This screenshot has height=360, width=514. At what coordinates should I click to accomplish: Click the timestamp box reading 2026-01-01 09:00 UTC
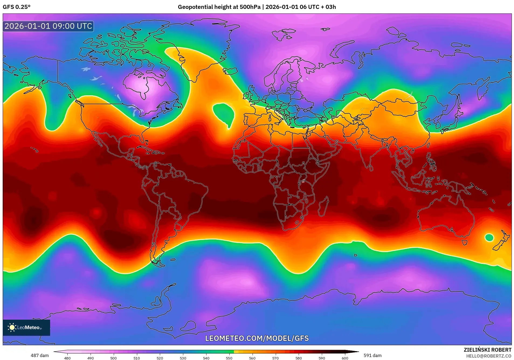click(48, 26)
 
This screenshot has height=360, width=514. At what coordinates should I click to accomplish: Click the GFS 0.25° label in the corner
click(16, 7)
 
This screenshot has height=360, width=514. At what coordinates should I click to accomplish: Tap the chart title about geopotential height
click(257, 7)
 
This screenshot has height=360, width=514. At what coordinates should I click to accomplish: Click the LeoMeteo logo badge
click(26, 327)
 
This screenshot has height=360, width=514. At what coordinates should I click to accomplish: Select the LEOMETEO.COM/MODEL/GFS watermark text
click(257, 338)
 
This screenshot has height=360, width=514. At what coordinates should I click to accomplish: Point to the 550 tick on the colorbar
click(229, 358)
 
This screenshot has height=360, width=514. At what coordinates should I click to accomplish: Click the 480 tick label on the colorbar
click(67, 358)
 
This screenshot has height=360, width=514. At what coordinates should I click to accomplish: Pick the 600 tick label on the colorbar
click(345, 358)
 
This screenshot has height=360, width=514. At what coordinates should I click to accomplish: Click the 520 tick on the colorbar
click(160, 358)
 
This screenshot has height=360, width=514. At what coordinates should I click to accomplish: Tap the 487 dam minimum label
click(40, 355)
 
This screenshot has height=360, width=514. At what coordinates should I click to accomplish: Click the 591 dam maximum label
click(372, 355)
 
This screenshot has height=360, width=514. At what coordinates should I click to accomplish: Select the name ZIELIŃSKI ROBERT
click(487, 350)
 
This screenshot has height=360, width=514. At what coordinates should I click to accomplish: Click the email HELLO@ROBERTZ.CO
click(489, 356)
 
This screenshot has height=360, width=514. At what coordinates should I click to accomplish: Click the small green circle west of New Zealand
click(489, 238)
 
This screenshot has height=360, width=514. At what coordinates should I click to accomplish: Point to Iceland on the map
click(231, 71)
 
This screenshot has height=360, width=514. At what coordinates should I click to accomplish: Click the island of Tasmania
click(464, 242)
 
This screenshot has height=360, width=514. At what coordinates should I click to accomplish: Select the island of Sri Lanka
click(371, 168)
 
